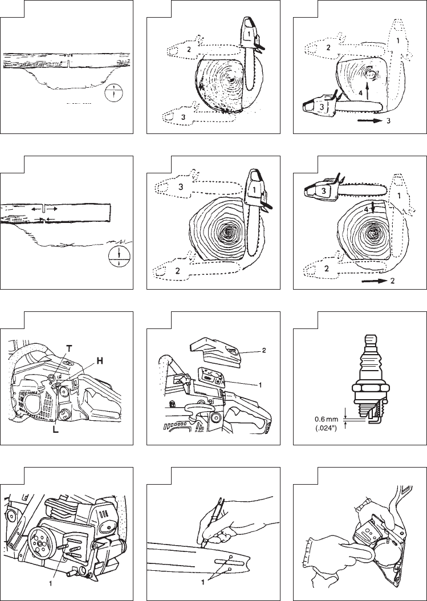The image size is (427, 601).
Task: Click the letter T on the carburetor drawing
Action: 69,348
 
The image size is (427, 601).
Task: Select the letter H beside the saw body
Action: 99,361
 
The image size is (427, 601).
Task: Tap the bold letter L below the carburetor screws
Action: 55,430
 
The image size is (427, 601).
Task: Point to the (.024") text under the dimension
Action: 326,427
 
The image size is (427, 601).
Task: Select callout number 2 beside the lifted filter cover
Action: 264,350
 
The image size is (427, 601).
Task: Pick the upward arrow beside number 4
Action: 367,91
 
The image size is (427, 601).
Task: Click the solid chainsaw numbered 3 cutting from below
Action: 341,105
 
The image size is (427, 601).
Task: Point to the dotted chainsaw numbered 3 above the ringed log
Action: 197,188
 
